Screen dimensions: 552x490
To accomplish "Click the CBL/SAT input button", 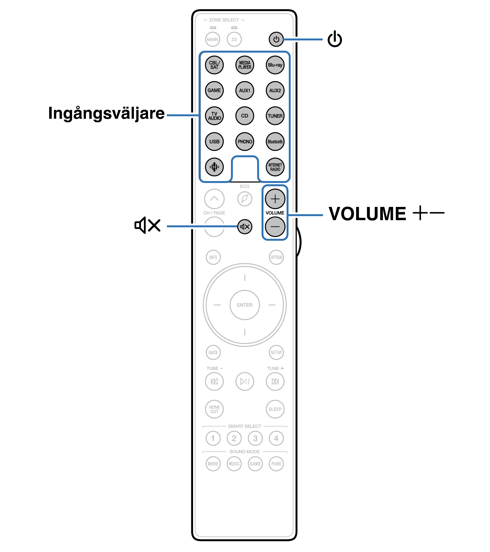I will [x=214, y=65].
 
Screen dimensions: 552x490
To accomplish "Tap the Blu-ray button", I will [x=275, y=65].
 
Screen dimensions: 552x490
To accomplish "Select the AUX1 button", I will [x=245, y=91].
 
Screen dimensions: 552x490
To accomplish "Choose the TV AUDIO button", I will [x=214, y=116].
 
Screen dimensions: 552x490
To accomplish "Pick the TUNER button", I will [x=275, y=116].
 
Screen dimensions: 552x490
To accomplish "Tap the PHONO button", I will [x=245, y=141].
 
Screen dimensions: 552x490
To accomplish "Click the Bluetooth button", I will [x=275, y=141].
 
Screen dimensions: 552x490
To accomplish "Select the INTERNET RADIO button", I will [x=275, y=167].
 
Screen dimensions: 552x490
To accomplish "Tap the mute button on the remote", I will [x=245, y=227].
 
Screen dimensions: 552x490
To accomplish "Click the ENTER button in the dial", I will [x=245, y=305].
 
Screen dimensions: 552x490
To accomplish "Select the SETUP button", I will [x=276, y=352].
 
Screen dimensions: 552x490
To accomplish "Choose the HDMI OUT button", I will [x=214, y=409].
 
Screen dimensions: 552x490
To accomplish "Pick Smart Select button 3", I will [x=255, y=438].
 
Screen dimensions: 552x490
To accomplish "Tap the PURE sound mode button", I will [x=276, y=464].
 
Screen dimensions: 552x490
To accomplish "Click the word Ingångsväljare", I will [x=106, y=113].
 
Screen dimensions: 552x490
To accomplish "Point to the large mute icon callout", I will [x=147, y=225].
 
